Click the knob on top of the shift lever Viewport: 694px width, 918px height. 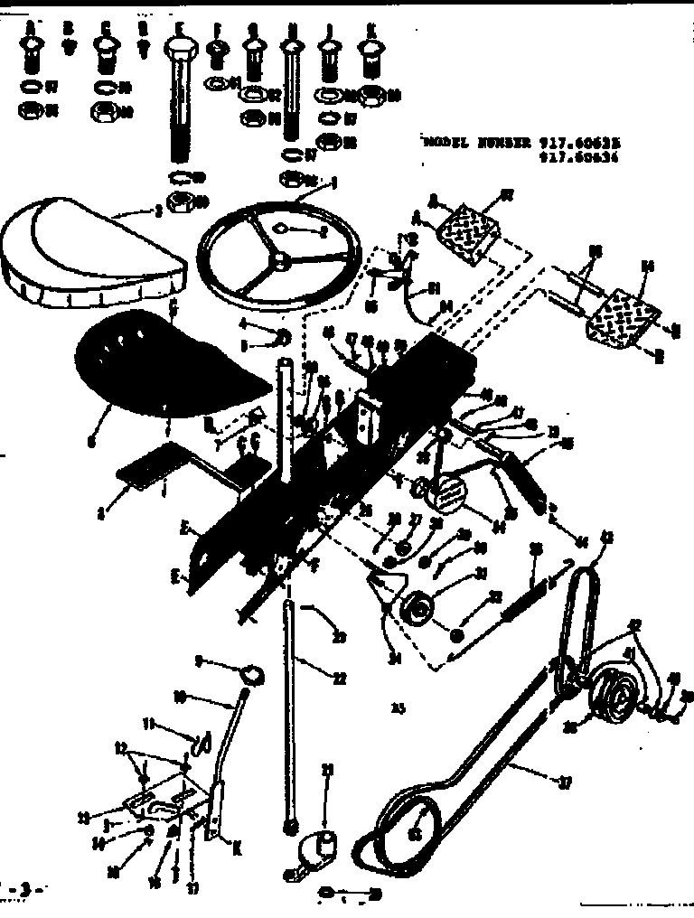253,672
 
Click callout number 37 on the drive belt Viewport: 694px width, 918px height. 565,784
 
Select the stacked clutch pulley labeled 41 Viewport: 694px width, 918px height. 614,700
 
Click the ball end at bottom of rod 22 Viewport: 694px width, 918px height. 290,825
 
